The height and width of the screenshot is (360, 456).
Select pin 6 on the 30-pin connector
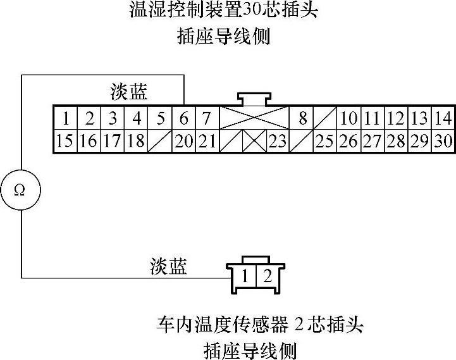(x=183, y=118)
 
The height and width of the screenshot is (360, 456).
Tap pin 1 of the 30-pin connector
(x=65, y=118)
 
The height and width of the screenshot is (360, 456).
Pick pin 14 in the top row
(x=443, y=118)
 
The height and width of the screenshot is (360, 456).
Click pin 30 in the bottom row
(x=443, y=141)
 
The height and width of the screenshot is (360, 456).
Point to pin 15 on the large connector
(x=65, y=141)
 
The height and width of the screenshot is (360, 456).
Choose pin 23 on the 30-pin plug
(x=277, y=141)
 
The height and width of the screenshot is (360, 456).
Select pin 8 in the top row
(x=302, y=118)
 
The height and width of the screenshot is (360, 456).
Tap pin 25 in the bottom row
(x=324, y=141)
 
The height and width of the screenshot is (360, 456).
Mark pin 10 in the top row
(x=348, y=118)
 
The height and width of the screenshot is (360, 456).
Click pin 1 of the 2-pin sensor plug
(x=245, y=276)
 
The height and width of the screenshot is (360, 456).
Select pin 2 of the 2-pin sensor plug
(x=267, y=276)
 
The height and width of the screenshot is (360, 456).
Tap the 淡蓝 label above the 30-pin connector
(x=128, y=93)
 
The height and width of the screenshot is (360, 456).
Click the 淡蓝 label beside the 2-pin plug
(x=168, y=266)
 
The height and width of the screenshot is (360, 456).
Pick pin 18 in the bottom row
(x=136, y=141)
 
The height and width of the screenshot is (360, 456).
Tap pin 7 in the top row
(x=207, y=118)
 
